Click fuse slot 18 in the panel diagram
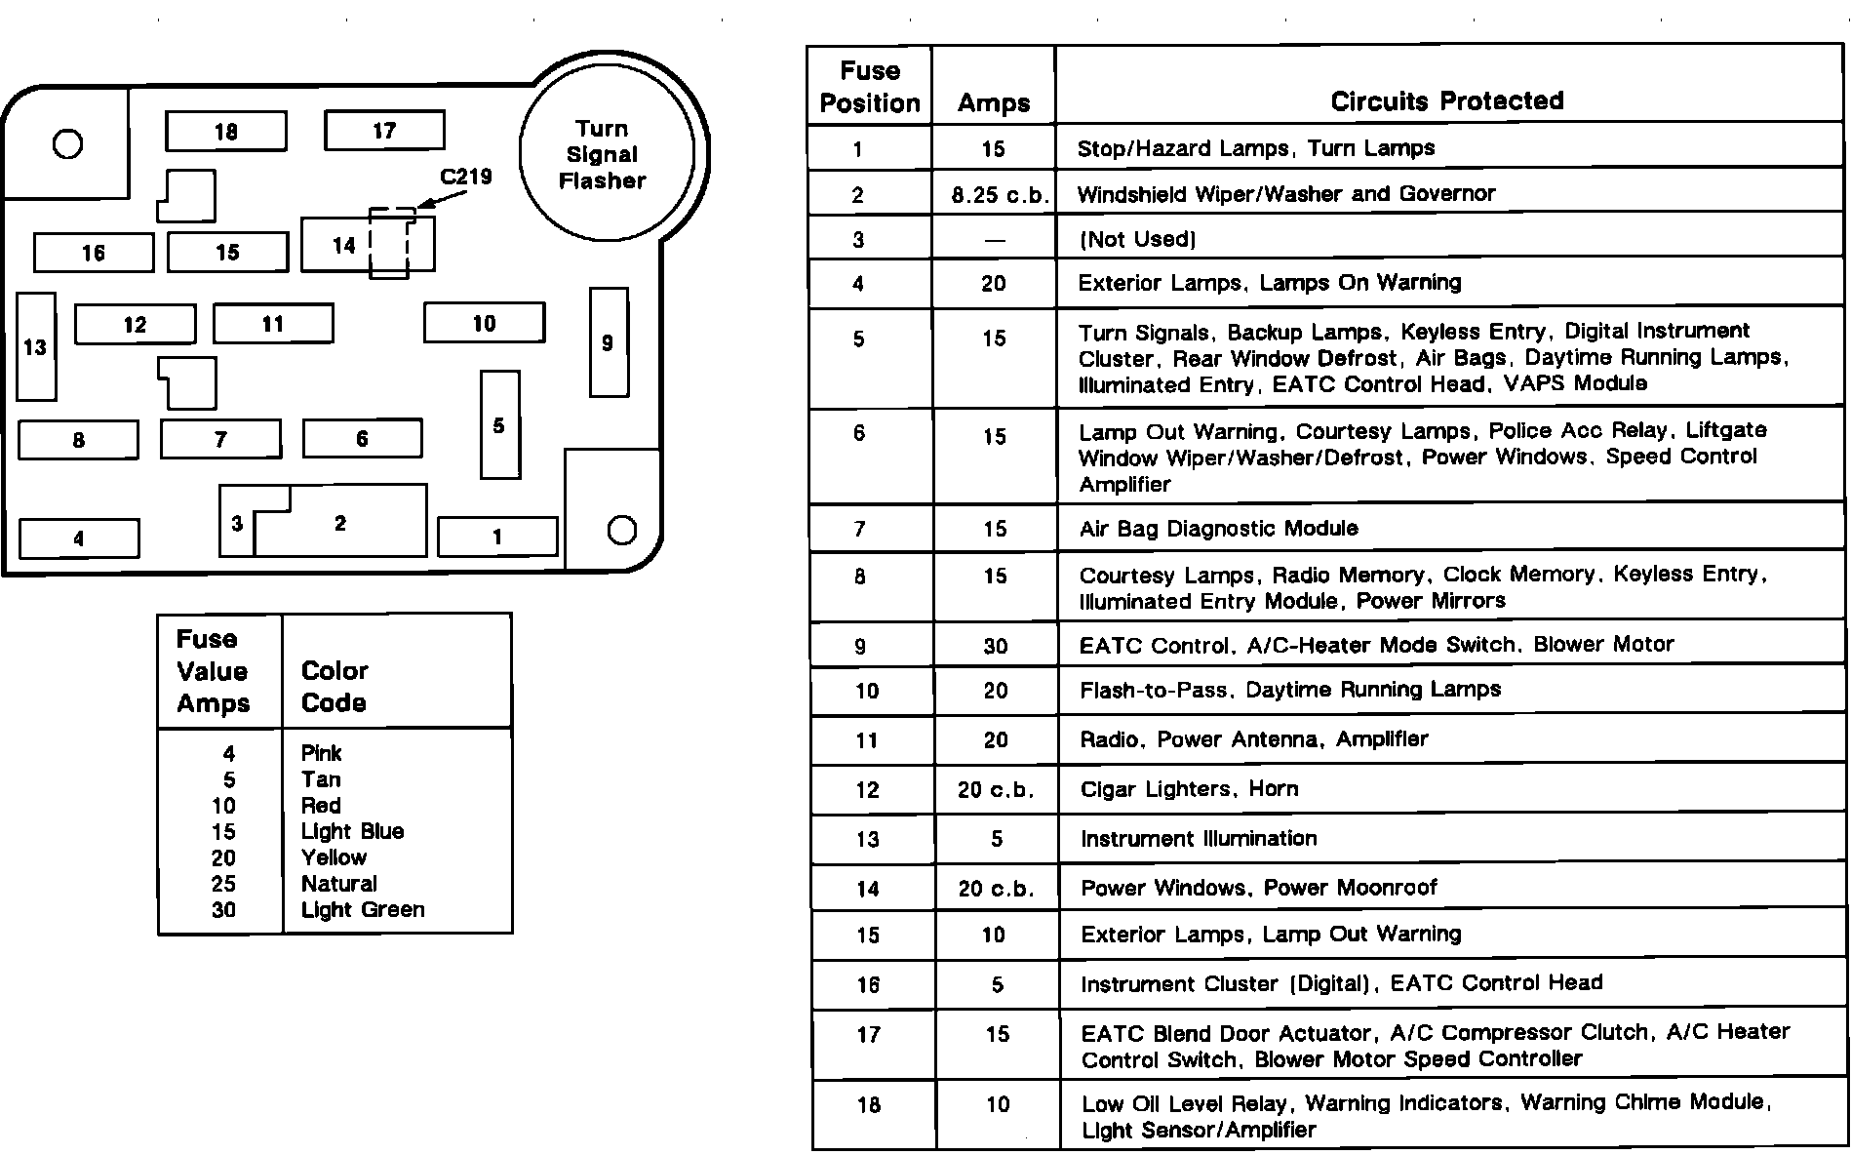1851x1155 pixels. click(x=225, y=132)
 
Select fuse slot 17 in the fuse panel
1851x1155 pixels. click(x=384, y=131)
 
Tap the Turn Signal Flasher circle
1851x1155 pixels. click(x=606, y=154)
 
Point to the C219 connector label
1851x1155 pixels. click(x=466, y=177)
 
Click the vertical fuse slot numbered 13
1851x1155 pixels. click(x=36, y=346)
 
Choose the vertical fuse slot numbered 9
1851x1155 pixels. click(x=609, y=342)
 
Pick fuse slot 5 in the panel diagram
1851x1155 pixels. click(x=499, y=425)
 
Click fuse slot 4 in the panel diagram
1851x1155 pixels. click(x=79, y=538)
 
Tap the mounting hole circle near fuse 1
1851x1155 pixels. click(x=621, y=530)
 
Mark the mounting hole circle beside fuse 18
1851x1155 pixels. click(x=67, y=144)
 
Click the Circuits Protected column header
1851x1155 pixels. click(x=1447, y=100)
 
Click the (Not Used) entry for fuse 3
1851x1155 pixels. click(x=1137, y=239)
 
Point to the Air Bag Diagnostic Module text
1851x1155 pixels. click(x=1218, y=529)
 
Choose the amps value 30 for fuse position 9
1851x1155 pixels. click(x=995, y=646)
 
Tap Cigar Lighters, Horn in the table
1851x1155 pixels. click(x=1189, y=789)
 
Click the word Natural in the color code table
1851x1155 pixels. click(x=338, y=884)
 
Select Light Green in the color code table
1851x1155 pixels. click(x=363, y=910)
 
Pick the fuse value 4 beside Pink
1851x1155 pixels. click(x=228, y=753)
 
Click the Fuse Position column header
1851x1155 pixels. click(x=869, y=87)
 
